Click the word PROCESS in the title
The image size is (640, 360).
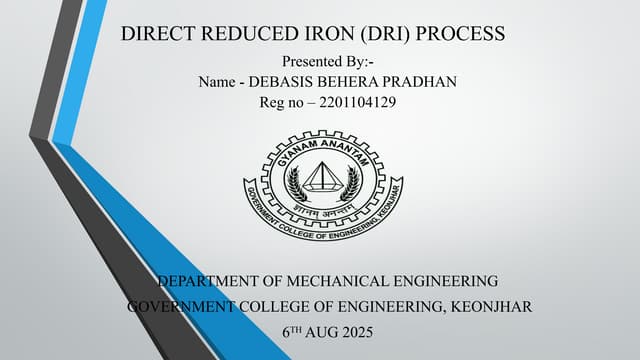tap(461, 35)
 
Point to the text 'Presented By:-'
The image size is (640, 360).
tap(327, 62)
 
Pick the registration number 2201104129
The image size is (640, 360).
tap(353, 102)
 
